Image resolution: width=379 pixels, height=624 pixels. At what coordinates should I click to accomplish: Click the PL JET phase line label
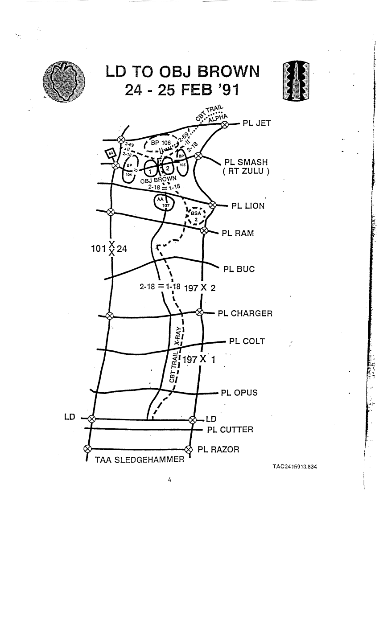[x=256, y=123]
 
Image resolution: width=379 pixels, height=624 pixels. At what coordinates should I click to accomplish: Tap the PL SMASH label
[x=246, y=162]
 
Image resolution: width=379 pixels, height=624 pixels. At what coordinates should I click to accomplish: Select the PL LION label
[x=247, y=206]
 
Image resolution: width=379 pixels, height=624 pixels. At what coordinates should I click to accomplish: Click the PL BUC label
[x=239, y=269]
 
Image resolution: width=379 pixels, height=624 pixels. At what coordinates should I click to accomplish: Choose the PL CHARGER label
[x=245, y=313]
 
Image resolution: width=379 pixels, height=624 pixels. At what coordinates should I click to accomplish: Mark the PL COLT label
[x=247, y=341]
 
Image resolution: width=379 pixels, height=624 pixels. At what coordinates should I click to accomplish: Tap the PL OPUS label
[x=239, y=393]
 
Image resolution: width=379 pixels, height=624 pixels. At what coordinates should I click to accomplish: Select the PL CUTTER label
[x=230, y=430]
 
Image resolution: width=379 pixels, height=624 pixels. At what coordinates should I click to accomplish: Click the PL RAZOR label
[x=218, y=449]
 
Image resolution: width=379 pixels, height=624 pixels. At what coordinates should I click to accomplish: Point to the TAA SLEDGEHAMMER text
[x=140, y=460]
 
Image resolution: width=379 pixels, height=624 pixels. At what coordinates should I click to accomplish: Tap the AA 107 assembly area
[x=164, y=202]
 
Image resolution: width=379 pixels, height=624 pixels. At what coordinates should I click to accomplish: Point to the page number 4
[x=170, y=480]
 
